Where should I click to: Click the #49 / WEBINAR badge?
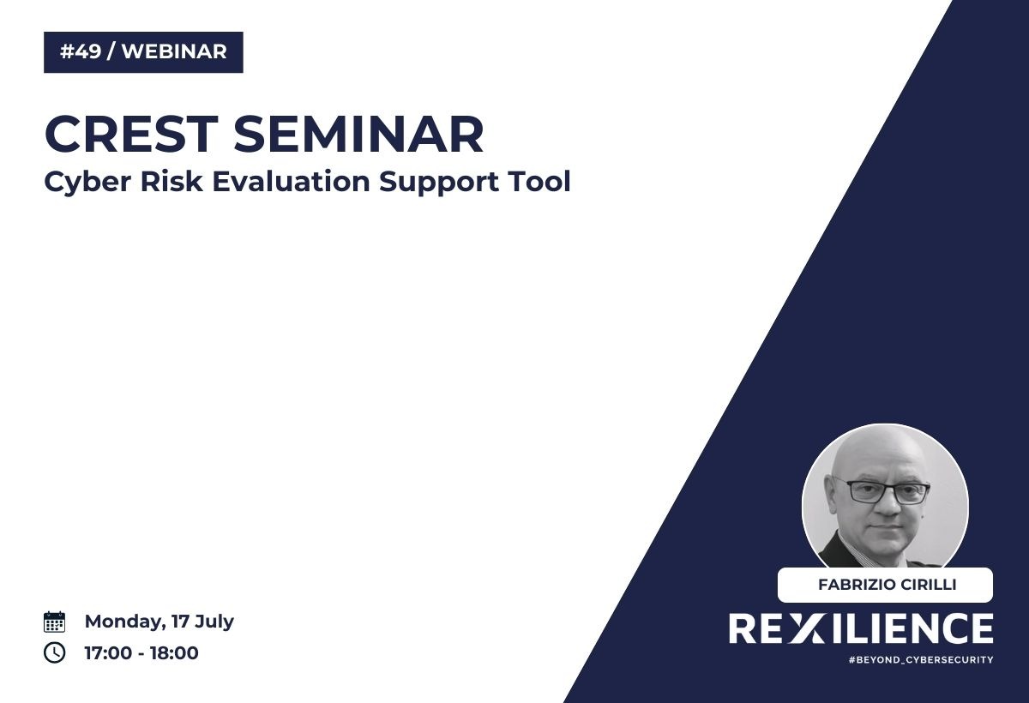click(143, 52)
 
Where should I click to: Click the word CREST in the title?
click(131, 135)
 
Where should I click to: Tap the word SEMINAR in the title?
click(358, 135)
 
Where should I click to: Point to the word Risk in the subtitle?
click(171, 181)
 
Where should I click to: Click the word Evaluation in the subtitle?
click(292, 181)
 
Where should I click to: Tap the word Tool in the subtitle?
click(539, 181)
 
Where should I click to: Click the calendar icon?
click(54, 622)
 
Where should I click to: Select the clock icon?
click(54, 653)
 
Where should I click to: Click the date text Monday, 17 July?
click(159, 622)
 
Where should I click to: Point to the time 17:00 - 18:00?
click(141, 653)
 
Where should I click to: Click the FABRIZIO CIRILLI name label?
click(885, 585)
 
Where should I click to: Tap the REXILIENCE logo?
click(861, 628)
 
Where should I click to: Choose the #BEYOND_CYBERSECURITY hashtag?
click(921, 660)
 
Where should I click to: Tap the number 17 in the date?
click(180, 621)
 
